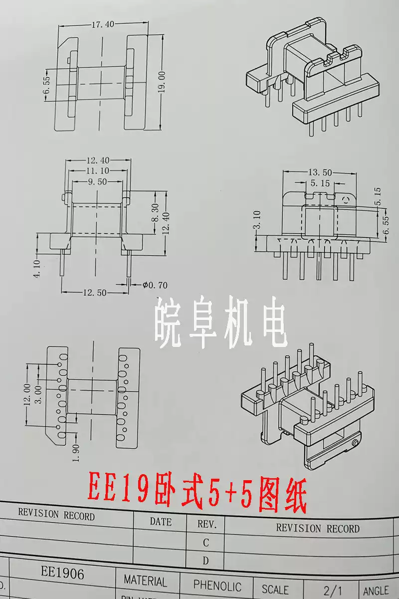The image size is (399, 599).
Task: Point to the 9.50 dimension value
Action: [97, 182]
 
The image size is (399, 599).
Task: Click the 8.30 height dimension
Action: [156, 212]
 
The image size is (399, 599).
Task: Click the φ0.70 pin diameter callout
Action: [155, 286]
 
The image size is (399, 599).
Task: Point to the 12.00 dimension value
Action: [27, 394]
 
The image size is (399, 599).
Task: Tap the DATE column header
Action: [161, 522]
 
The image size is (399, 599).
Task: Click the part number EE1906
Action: [62, 572]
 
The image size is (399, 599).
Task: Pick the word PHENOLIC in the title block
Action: [217, 586]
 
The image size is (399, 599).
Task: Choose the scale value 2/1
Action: [333, 590]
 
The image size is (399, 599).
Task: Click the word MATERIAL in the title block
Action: [146, 581]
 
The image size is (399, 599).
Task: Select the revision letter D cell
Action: [205, 561]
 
